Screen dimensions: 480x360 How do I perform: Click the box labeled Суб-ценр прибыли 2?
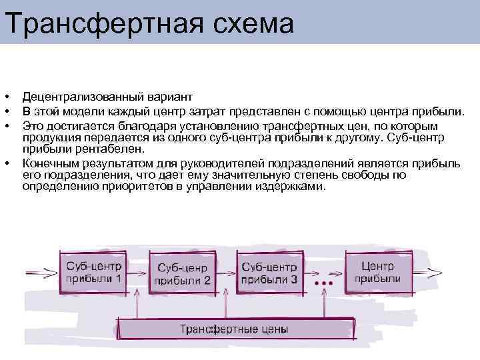pos(183,273)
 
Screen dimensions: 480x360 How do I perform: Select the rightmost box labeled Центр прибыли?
pos(377,272)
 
